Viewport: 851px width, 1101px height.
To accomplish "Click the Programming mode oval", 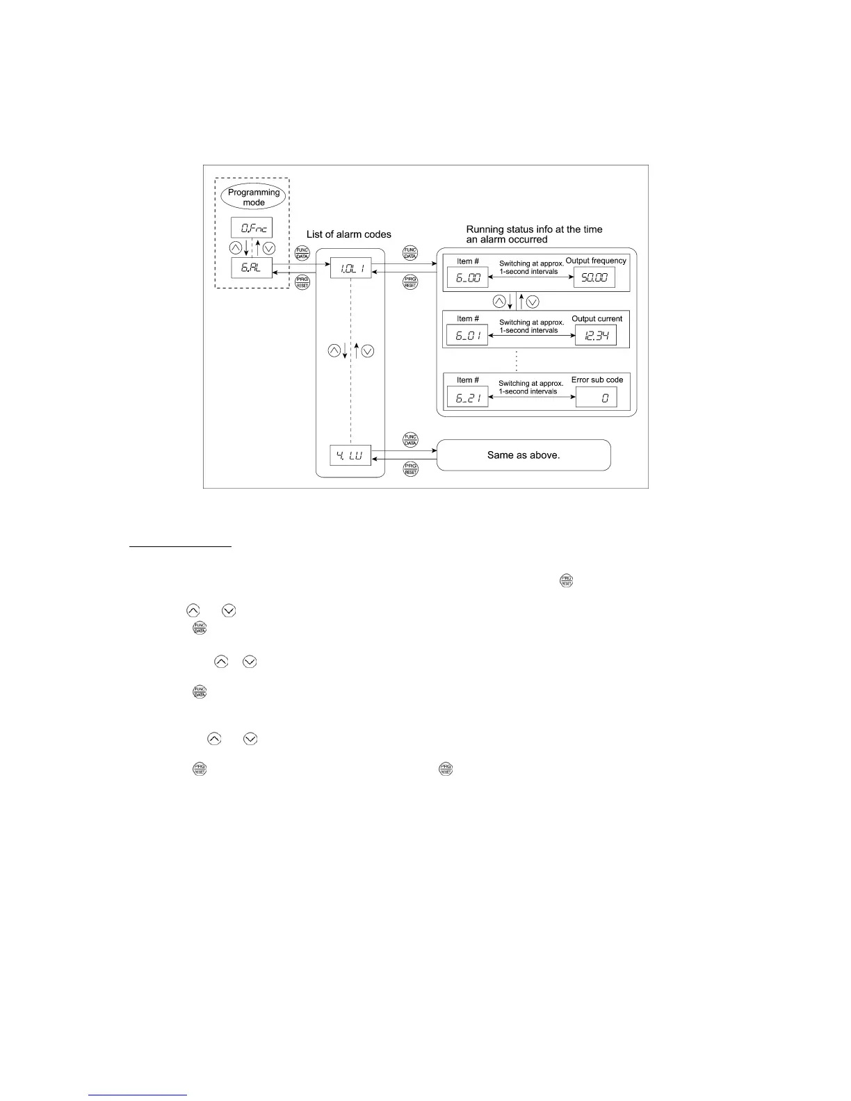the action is point(254,197).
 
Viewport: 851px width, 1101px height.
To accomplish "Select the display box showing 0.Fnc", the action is point(252,227).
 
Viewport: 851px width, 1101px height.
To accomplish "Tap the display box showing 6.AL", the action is point(252,268).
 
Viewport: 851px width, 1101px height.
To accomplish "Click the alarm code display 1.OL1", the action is point(350,268).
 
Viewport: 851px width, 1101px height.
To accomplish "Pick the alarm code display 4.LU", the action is point(350,457).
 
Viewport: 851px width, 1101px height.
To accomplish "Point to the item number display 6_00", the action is point(467,277).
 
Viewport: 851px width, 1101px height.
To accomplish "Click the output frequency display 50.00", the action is point(594,277).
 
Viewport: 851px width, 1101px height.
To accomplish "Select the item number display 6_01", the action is point(467,336).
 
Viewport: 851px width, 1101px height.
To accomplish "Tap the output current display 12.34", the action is point(596,336).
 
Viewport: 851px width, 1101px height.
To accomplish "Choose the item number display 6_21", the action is point(467,397).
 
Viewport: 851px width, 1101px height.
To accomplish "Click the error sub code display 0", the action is point(596,397).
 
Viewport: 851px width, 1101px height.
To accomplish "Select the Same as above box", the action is point(524,455).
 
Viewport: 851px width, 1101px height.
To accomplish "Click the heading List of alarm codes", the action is point(349,235).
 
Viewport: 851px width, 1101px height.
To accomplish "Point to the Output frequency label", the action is point(596,261).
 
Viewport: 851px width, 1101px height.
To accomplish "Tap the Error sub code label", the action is point(597,380).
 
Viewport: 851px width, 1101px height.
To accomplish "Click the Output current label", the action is point(597,319).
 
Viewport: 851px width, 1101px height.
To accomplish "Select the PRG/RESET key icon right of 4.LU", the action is point(410,469).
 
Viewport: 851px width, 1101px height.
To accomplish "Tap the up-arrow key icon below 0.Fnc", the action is point(236,248).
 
